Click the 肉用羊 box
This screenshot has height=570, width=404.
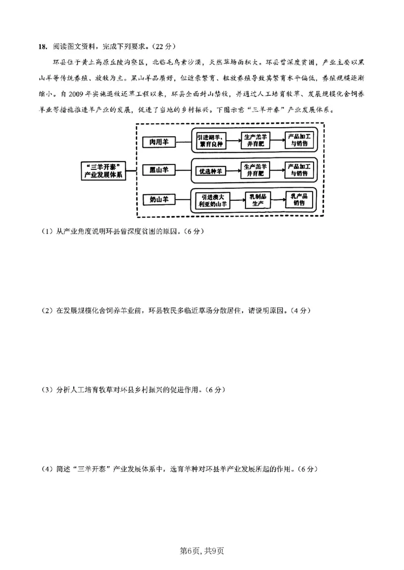click(159, 142)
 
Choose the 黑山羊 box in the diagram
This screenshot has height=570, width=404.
click(159, 170)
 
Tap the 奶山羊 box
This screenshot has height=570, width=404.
click(159, 199)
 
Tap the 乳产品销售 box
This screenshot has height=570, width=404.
click(298, 200)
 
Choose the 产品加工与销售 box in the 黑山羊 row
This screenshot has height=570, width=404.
click(298, 170)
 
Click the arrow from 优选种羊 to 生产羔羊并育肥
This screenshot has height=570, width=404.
click(232, 170)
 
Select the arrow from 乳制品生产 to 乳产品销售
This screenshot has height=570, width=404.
click(278, 200)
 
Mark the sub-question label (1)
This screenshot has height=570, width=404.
click(47, 232)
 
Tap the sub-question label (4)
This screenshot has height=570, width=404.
click(47, 469)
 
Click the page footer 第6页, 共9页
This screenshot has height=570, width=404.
click(201, 550)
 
